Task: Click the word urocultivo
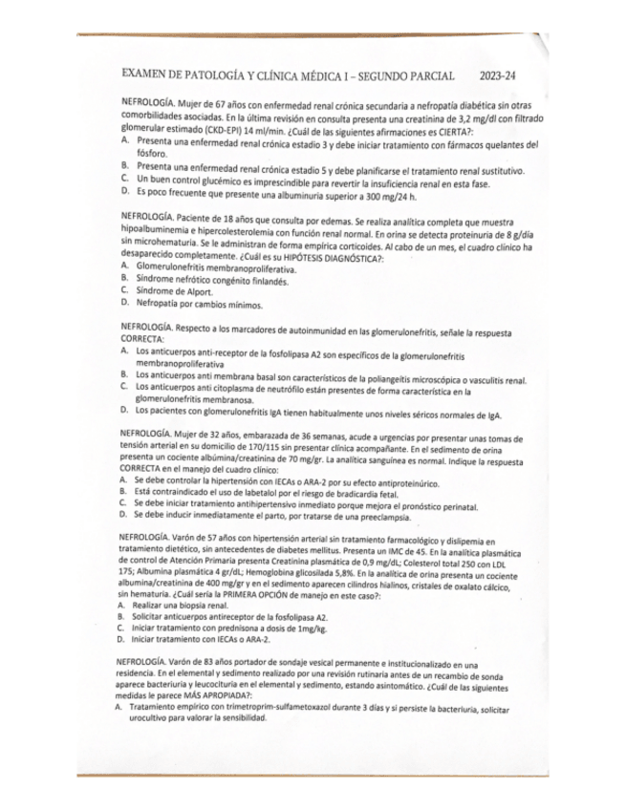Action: click(156, 721)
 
